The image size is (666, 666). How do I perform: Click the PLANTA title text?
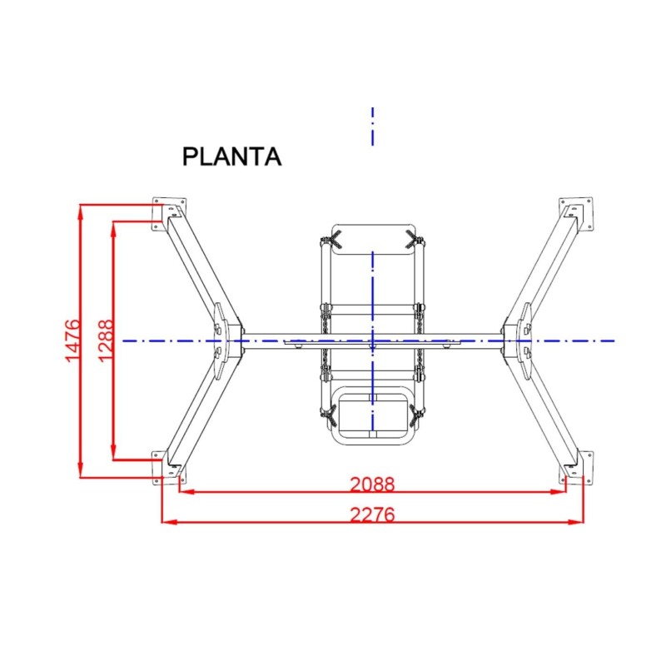tap(232, 157)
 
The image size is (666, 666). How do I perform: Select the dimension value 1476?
tap(72, 340)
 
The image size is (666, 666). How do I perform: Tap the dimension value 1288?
tap(106, 340)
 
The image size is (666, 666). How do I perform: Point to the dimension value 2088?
tap(372, 485)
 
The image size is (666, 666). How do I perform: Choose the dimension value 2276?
tap(372, 514)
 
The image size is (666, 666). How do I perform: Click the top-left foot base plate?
tap(169, 213)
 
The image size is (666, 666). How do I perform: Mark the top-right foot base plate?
tap(576, 213)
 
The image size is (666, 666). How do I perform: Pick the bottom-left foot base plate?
tap(168, 468)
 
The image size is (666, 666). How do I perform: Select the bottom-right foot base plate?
tap(577, 468)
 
